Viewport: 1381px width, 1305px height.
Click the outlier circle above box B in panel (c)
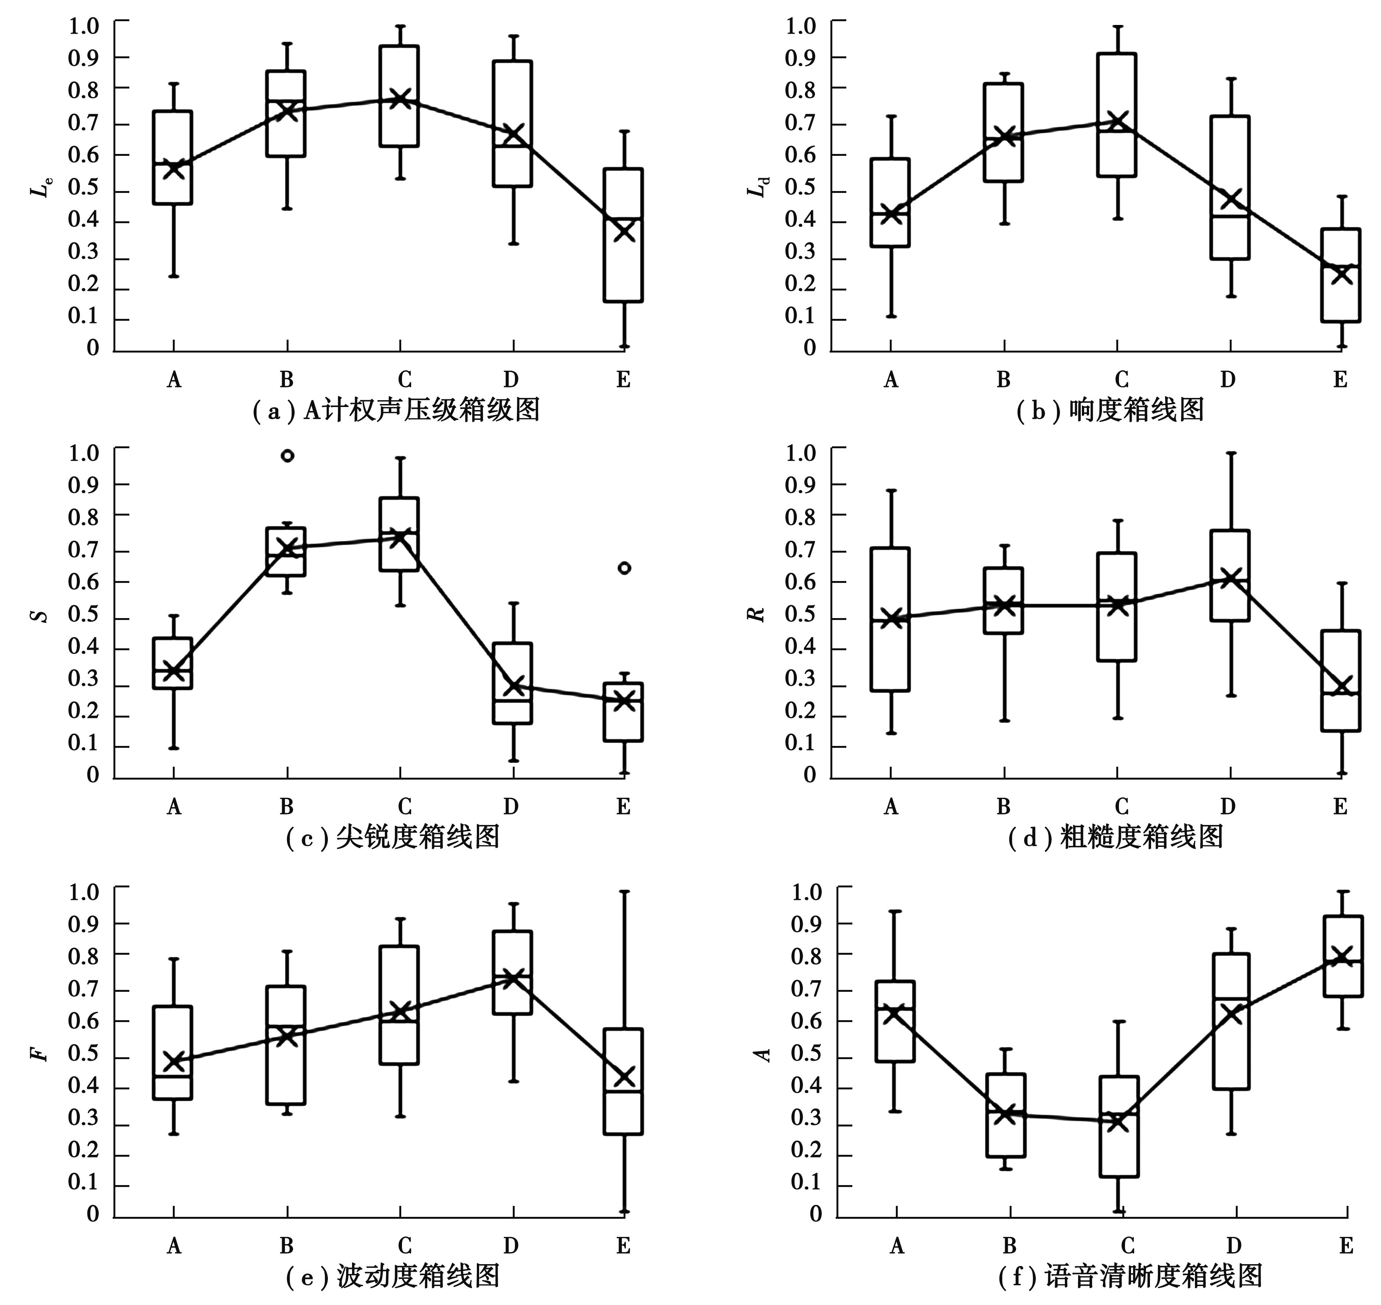[x=287, y=456]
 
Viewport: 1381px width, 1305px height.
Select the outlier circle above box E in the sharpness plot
[x=624, y=568]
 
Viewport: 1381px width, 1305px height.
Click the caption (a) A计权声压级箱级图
[x=396, y=410]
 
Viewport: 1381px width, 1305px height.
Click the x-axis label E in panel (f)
[x=1346, y=1245]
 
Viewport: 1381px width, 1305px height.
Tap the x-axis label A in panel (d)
[x=891, y=807]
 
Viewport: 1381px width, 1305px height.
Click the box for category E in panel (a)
[x=623, y=235]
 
